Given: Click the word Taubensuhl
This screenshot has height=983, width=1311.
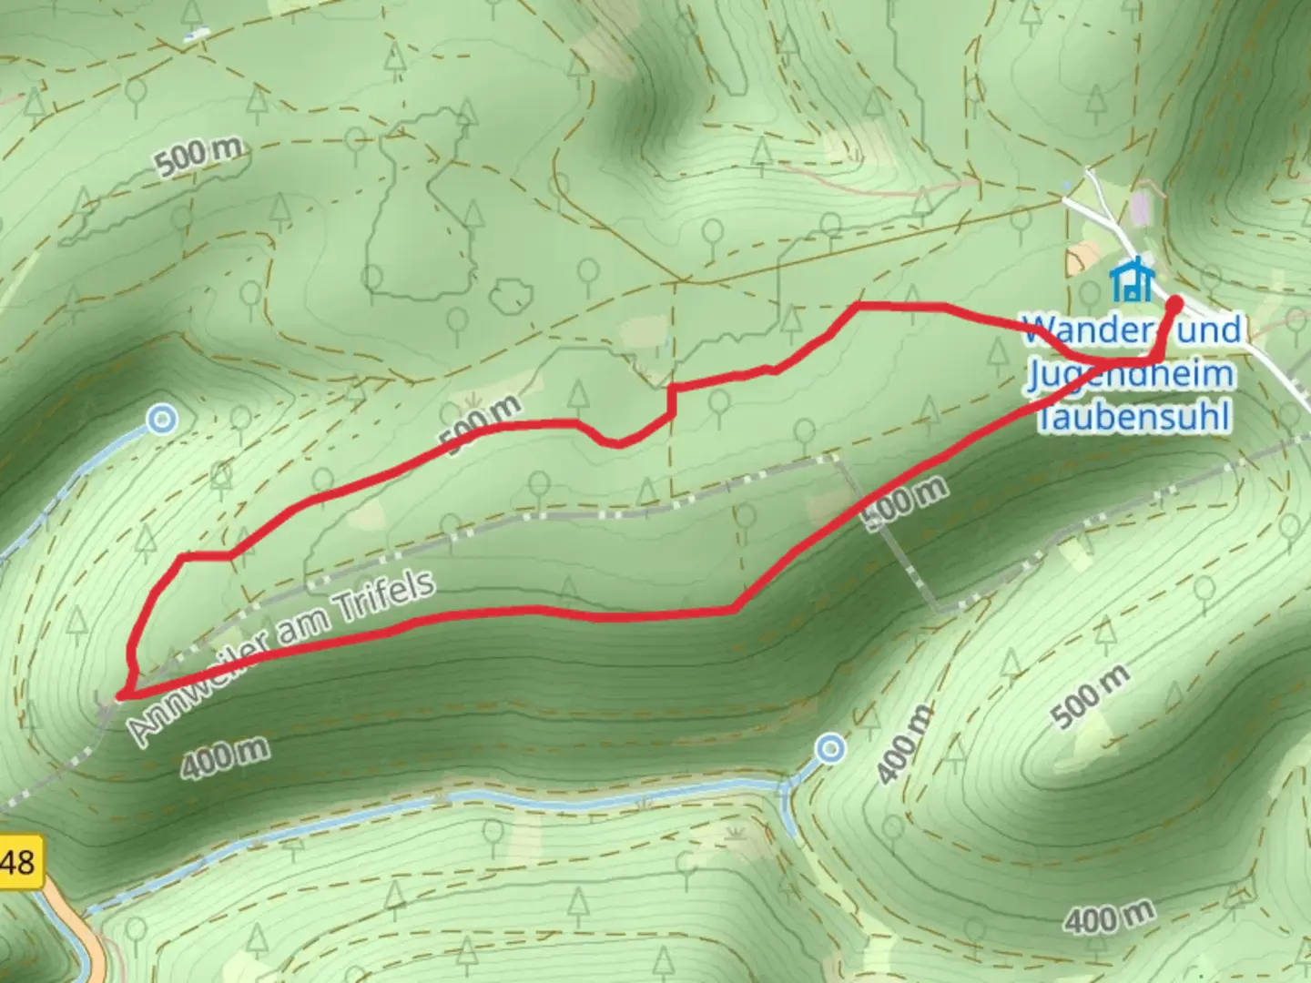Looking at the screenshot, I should (1134, 417).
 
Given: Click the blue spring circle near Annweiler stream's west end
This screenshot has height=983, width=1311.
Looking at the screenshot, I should (162, 420).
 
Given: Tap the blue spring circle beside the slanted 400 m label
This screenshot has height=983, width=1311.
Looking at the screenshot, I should (830, 749).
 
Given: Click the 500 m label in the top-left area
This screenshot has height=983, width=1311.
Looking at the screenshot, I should (198, 157).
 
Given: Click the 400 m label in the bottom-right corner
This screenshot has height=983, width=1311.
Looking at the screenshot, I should (1110, 915).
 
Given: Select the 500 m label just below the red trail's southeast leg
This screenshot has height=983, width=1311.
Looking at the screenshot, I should (904, 502).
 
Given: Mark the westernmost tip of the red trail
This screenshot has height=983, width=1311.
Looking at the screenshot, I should (120, 696).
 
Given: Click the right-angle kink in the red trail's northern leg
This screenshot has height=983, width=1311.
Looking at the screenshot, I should (672, 389).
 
